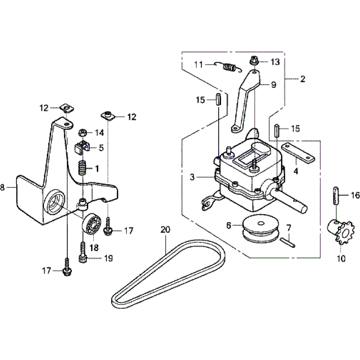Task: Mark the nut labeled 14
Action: pyautogui.click(x=82, y=133)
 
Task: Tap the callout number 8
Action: pyautogui.click(x=3, y=187)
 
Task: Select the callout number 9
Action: pyautogui.click(x=273, y=85)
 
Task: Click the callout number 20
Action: pyautogui.click(x=165, y=229)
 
